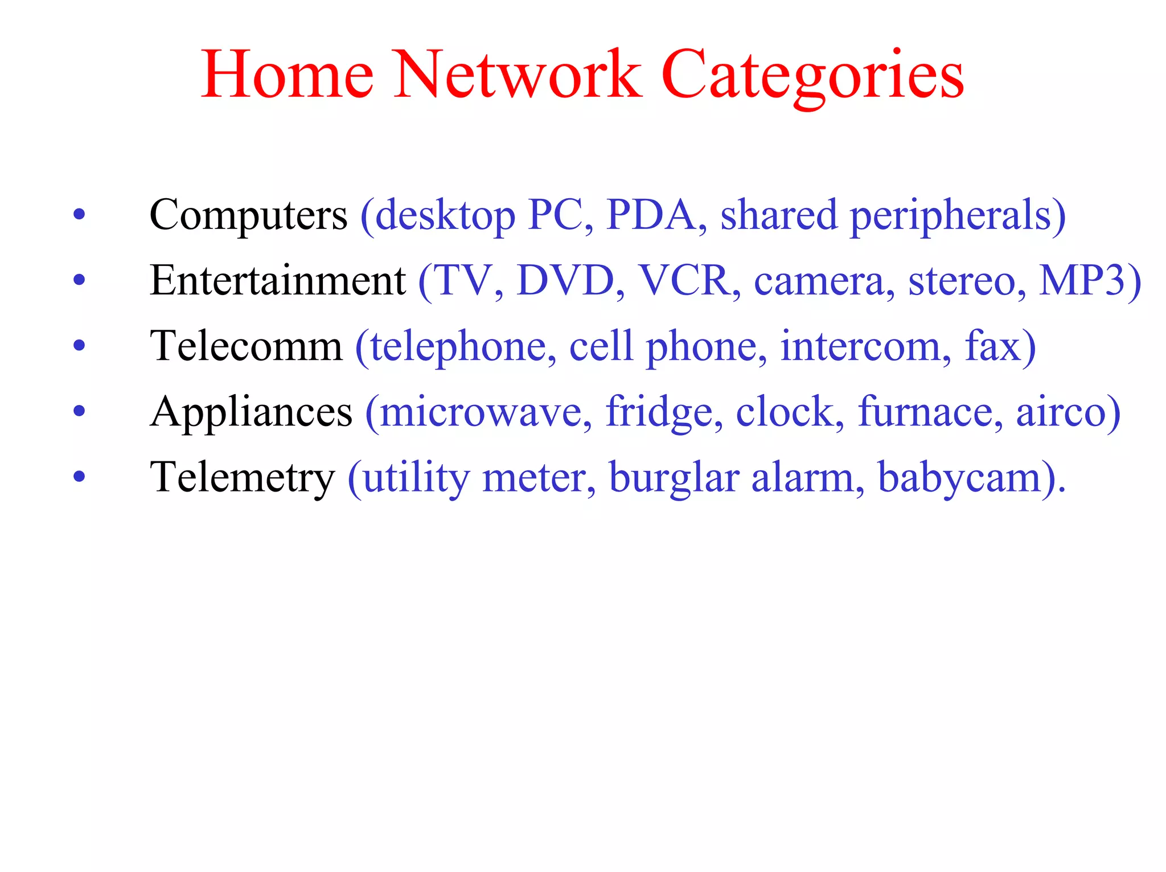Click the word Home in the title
click(288, 75)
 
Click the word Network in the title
click(518, 75)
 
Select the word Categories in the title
click(812, 76)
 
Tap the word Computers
click(248, 215)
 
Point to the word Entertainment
click(278, 281)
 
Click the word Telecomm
click(246, 346)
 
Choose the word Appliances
click(251, 412)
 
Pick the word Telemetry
click(242, 478)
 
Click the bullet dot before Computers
click(79, 215)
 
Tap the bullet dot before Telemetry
click(79, 477)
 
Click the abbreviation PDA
click(651, 215)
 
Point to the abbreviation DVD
click(566, 281)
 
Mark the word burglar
click(674, 478)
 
